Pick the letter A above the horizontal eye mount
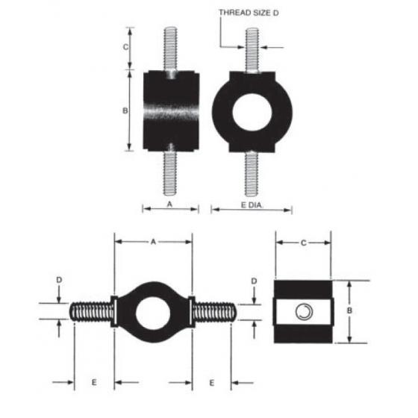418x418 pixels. coord(153,242)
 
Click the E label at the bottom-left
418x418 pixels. coord(93,382)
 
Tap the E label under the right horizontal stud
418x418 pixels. coord(212,382)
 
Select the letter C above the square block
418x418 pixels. coord(303,242)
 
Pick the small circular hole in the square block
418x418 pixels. coord(303,311)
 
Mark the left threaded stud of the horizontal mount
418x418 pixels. coord(91,311)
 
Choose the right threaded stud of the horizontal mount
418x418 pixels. coord(215,311)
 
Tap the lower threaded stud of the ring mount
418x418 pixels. coord(252,173)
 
